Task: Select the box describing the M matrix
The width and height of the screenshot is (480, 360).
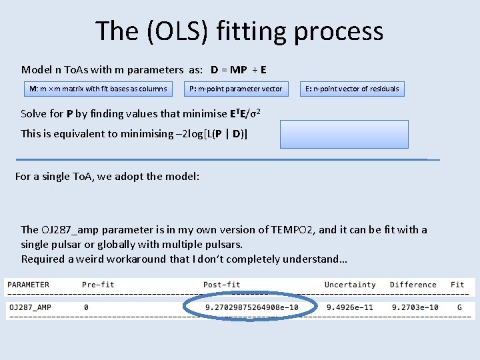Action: (x=97, y=89)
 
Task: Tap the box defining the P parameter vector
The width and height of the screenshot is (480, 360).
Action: (x=235, y=89)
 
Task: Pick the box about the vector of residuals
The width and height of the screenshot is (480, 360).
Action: (x=352, y=89)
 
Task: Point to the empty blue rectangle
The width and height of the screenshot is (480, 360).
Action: (x=344, y=134)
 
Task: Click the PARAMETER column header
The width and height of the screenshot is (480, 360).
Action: (x=28, y=285)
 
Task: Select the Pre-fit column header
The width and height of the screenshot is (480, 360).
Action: (x=98, y=285)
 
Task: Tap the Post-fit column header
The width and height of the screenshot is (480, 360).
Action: (x=221, y=285)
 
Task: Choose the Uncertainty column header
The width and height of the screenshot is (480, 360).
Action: (x=350, y=285)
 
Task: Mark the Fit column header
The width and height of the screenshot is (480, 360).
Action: (x=457, y=285)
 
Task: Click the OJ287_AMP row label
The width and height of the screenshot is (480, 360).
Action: (x=30, y=308)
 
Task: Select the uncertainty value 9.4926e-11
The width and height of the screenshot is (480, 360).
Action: (x=350, y=308)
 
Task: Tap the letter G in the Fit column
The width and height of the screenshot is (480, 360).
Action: (x=459, y=308)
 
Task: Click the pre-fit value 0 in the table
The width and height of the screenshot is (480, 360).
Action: (x=86, y=308)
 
